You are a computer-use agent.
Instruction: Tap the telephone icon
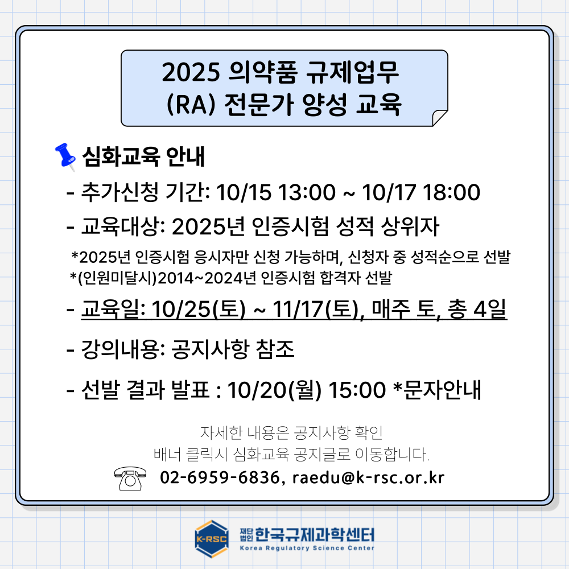pyautogui.click(x=130, y=479)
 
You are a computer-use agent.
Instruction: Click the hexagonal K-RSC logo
pyautogui.click(x=212, y=539)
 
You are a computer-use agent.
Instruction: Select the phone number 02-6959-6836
pyautogui.click(x=220, y=477)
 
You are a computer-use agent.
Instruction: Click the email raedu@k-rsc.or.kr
pyautogui.click(x=368, y=477)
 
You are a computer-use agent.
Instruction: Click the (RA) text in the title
pyautogui.click(x=191, y=105)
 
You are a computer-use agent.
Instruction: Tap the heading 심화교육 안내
pyautogui.click(x=144, y=156)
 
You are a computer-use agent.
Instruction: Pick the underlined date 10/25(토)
pyautogui.click(x=199, y=310)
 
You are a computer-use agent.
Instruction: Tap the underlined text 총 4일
pyautogui.click(x=477, y=310)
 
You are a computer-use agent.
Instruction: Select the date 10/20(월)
pyautogui.click(x=274, y=390)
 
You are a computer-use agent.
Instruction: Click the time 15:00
pyautogui.click(x=357, y=390)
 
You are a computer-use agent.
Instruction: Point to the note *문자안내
pyautogui.click(x=437, y=390)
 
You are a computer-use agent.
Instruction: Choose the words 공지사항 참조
pyautogui.click(x=233, y=349)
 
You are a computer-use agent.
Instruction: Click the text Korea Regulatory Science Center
pyautogui.click(x=307, y=548)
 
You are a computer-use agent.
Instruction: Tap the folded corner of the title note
pyautogui.click(x=440, y=118)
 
